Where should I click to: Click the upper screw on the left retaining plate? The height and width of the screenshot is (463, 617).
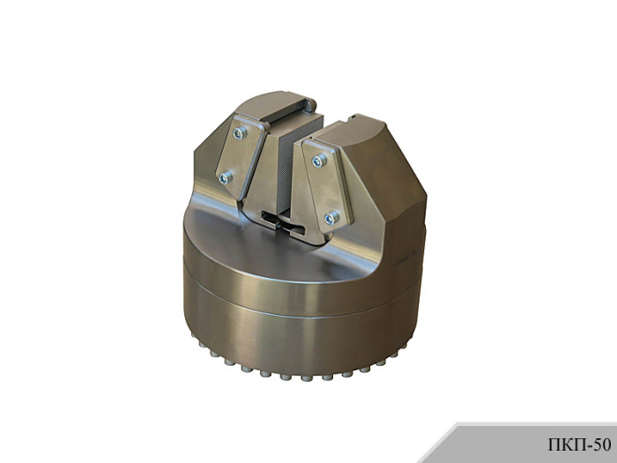point(240,133)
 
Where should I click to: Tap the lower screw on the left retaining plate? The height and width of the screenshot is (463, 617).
point(225,178)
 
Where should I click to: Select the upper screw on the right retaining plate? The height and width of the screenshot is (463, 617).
point(319,161)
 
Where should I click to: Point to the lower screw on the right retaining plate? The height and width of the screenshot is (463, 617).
point(331,218)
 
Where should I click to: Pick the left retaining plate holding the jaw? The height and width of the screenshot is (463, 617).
point(240,157)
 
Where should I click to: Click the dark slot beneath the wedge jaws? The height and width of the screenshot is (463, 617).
point(283,224)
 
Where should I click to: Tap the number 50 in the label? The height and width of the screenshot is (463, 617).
point(602,444)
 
